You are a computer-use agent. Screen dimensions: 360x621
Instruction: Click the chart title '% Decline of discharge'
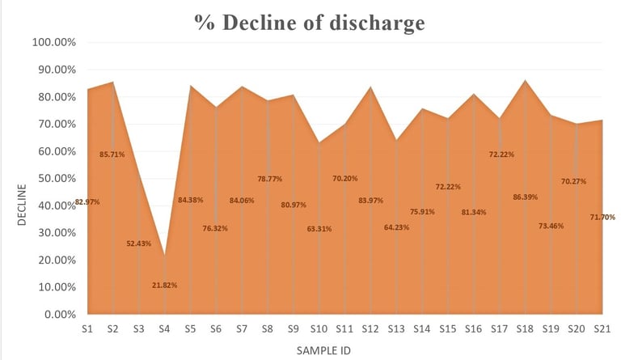click(x=310, y=23)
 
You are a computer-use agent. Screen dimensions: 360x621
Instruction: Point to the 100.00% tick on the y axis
click(x=54, y=42)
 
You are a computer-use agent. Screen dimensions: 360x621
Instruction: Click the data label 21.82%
click(x=164, y=285)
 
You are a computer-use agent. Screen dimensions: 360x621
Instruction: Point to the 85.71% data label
click(x=112, y=154)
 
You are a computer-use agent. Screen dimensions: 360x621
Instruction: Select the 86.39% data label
click(x=525, y=197)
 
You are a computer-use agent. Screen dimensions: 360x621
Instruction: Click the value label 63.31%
click(x=319, y=229)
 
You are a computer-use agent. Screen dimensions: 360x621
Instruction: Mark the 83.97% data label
click(x=370, y=200)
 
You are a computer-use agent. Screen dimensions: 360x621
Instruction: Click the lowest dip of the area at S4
click(x=164, y=255)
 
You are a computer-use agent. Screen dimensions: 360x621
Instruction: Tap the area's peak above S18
click(x=525, y=80)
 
